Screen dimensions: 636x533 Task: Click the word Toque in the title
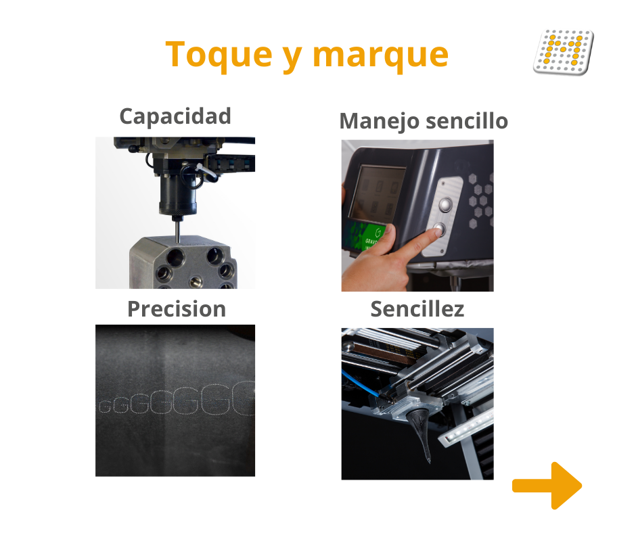pos(219,55)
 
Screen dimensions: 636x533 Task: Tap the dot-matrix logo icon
pos(564,51)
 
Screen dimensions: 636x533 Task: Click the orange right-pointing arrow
pos(547,486)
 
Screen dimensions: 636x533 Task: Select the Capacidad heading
pos(175,116)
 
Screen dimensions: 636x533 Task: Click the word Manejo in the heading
pos(379,122)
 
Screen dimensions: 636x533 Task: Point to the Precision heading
pos(177,309)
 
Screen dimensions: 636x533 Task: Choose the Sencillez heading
pos(417,309)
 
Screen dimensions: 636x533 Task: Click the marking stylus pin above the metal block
pos(178,229)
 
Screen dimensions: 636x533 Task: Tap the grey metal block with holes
pos(183,262)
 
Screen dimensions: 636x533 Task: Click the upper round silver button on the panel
pos(446,204)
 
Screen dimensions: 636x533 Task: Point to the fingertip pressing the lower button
pos(435,233)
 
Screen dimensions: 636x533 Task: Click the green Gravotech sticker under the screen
pos(363,237)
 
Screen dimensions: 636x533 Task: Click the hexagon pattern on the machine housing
pos(481,200)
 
